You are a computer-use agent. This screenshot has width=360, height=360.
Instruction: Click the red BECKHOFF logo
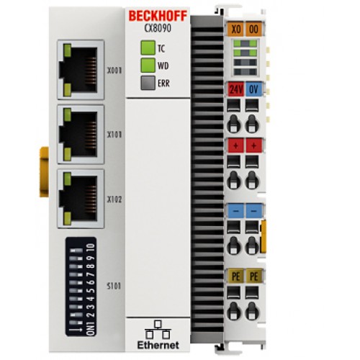(158, 16)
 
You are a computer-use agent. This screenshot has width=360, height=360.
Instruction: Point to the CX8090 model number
(158, 28)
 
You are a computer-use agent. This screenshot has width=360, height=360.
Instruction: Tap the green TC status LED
(148, 48)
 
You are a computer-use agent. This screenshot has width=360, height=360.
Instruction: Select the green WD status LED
(148, 65)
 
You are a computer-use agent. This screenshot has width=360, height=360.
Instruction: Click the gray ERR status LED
(148, 83)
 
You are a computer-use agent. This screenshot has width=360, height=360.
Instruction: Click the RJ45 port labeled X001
(81, 70)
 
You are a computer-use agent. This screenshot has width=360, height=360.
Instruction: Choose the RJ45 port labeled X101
(81, 135)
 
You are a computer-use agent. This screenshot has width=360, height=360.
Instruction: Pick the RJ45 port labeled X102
(81, 199)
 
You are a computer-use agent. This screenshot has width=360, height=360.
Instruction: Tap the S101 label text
(114, 286)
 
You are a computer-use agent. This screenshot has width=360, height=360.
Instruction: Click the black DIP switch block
(81, 287)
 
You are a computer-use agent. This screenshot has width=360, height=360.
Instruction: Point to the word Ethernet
(158, 345)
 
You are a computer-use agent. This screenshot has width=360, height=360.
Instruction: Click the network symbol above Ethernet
(158, 329)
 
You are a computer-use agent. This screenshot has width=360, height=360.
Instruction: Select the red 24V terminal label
(235, 89)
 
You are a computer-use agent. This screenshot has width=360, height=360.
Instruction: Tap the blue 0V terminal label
(253, 89)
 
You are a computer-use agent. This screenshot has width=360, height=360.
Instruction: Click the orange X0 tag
(235, 30)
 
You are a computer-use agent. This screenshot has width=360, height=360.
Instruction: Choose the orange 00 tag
(253, 30)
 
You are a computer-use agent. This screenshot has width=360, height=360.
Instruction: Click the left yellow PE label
(235, 276)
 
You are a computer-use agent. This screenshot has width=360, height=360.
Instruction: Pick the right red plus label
(253, 145)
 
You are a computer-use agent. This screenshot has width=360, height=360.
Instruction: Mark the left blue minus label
(235, 211)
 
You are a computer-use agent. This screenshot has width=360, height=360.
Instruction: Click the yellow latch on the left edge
(44, 172)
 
